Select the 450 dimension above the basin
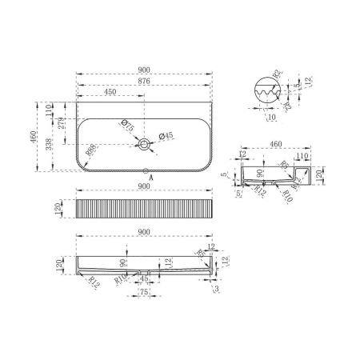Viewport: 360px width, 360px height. coord(112,90)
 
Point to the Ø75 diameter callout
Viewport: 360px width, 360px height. coord(126,124)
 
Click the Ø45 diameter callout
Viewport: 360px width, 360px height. coord(165,135)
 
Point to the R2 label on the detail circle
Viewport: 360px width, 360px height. coord(276,74)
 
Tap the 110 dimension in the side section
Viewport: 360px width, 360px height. coord(302,157)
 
